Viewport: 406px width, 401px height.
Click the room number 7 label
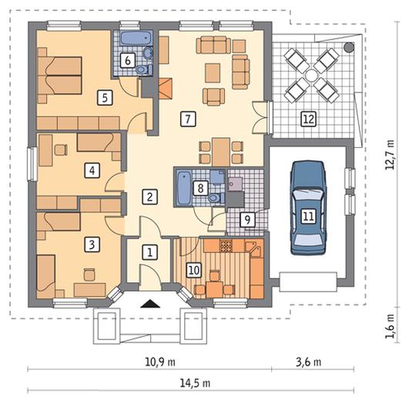(x=188, y=119)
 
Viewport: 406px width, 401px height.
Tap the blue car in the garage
(x=308, y=208)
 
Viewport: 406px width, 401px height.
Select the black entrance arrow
(x=150, y=303)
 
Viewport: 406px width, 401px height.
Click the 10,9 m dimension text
(x=159, y=362)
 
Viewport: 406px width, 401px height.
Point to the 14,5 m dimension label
(x=195, y=382)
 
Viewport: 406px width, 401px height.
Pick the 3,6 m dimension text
(x=308, y=362)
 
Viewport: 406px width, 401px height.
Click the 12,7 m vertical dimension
(x=390, y=155)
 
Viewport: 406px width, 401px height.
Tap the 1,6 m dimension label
(x=390, y=326)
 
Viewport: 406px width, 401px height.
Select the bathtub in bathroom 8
(x=184, y=187)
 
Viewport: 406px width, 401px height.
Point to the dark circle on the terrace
(x=349, y=47)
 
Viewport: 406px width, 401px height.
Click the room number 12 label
(x=309, y=119)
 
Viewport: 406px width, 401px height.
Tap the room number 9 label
(x=247, y=220)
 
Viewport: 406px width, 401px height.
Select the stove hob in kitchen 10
(x=226, y=246)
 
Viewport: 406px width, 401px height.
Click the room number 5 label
(x=105, y=98)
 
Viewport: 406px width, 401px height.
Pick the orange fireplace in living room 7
(x=165, y=89)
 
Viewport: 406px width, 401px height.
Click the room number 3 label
(x=92, y=244)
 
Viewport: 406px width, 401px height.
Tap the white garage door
(x=308, y=281)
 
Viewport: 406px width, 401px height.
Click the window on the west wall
(x=32, y=163)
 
